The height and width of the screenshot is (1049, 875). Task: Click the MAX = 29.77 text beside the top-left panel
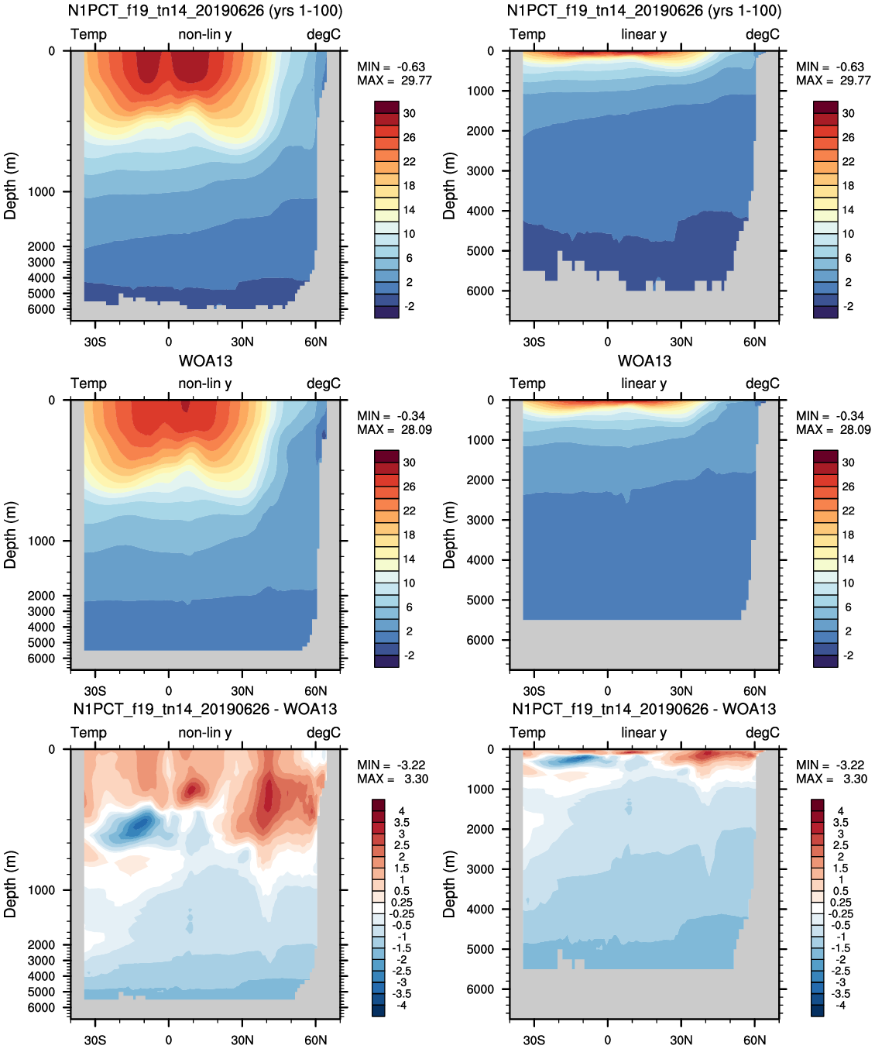click(394, 81)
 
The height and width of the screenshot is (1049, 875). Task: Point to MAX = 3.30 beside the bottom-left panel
click(393, 779)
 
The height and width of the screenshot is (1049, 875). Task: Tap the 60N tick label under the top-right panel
click(754, 342)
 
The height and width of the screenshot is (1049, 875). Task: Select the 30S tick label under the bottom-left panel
click(95, 1040)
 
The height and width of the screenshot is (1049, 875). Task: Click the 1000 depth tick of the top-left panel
click(41, 192)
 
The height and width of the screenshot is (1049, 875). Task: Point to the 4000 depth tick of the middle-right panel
click(480, 559)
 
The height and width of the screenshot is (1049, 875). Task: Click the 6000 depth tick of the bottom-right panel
click(480, 989)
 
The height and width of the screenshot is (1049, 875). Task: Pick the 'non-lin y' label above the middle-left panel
click(205, 383)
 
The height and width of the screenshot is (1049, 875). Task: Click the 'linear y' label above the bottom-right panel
click(644, 733)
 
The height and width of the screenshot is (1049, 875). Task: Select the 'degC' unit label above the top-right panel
click(763, 34)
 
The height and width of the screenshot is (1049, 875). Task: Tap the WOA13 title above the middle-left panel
click(205, 361)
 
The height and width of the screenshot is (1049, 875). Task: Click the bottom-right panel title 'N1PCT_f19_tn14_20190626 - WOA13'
click(644, 710)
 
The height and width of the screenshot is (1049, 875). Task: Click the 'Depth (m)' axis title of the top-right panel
click(448, 186)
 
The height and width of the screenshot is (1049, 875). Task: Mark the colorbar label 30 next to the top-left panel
click(410, 114)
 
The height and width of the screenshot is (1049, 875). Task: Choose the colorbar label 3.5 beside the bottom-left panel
click(402, 823)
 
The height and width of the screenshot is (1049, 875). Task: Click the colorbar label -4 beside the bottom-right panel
click(839, 1006)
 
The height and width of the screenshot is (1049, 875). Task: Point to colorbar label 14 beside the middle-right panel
click(849, 559)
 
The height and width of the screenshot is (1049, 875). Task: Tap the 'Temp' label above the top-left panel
click(88, 34)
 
